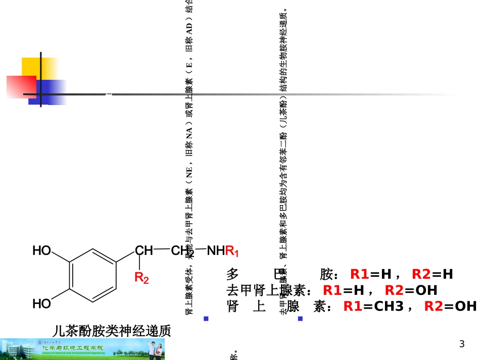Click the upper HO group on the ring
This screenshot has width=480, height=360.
coord(42,250)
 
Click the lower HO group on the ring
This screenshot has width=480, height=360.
coord(42,303)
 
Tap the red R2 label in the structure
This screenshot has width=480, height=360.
coord(141,277)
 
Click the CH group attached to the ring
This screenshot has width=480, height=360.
coord(144,250)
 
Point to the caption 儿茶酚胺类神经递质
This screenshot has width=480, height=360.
coord(112,331)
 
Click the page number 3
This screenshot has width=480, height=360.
coord(461,345)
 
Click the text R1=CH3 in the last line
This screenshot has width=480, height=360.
coord(373,306)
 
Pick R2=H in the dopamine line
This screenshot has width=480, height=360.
coord(433,274)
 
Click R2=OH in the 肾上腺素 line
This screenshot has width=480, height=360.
coord(450,306)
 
